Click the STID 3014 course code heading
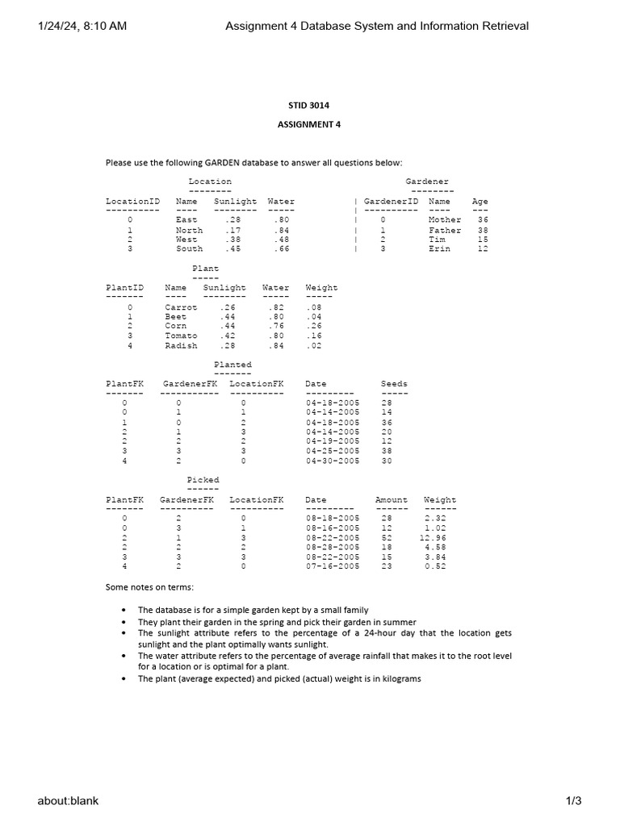coord(309,106)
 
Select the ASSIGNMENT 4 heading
coord(309,124)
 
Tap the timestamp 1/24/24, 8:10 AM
coord(82,26)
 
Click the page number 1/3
coord(573,800)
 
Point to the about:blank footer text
coord(68,800)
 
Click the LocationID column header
coord(132,202)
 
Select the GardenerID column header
coord(391,202)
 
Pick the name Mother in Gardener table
coord(445,220)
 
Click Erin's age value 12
coord(483,249)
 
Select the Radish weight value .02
coord(313,345)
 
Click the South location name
coord(189,249)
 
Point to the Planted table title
coord(232,365)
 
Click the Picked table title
coord(203,481)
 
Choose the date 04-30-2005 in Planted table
coord(333,461)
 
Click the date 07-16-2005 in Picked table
coord(333,566)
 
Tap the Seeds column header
coord(394,384)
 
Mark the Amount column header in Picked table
coord(392,500)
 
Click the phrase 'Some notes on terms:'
coord(149,586)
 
